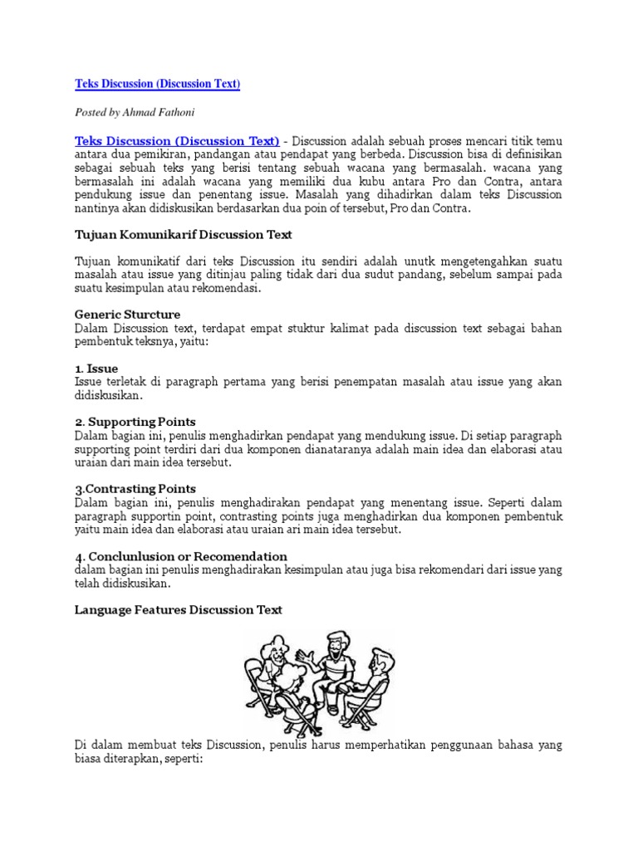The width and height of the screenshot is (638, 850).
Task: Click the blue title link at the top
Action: pyautogui.click(x=157, y=84)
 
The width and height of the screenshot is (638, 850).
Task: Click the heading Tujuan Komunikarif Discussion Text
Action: pyautogui.click(x=183, y=235)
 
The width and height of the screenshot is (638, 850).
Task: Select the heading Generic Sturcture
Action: pyautogui.click(x=127, y=315)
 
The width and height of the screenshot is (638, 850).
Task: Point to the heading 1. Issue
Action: pyautogui.click(x=96, y=368)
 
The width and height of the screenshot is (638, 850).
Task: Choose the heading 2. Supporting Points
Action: pyautogui.click(x=135, y=422)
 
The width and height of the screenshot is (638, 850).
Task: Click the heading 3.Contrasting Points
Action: pyautogui.click(x=135, y=489)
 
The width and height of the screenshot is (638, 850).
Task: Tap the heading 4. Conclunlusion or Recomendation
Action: pyautogui.click(x=181, y=556)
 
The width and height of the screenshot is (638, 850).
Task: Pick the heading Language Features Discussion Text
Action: pyautogui.click(x=179, y=609)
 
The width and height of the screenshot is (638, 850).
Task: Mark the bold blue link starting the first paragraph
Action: pyautogui.click(x=177, y=140)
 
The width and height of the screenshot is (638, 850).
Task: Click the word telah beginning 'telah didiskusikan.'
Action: pyautogui.click(x=88, y=584)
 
